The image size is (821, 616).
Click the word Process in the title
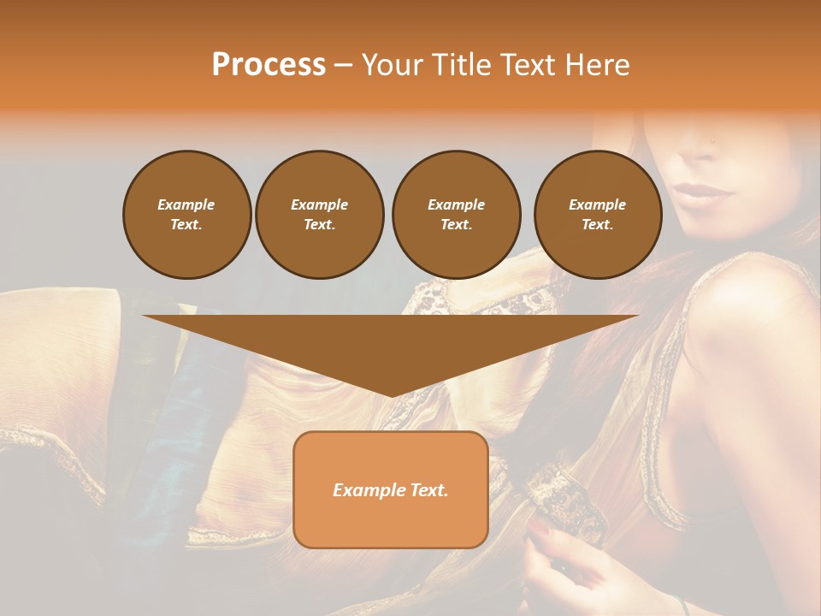point(269,65)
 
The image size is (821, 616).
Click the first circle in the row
point(186,215)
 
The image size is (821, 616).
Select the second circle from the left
point(319,215)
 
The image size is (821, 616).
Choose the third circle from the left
point(456,215)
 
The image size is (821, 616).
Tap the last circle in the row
point(598,215)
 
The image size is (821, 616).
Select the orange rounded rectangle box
point(391,489)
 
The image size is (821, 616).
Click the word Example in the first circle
point(186,204)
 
